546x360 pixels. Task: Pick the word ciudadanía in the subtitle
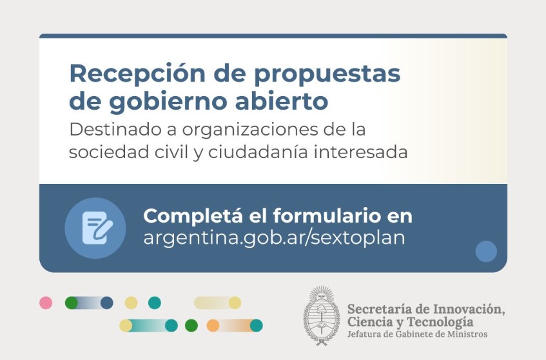pyautogui.click(x=258, y=152)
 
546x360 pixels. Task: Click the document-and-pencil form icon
pyautogui.click(x=97, y=228)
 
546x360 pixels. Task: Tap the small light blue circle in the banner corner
pyautogui.click(x=486, y=251)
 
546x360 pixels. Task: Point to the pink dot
pyautogui.click(x=46, y=303)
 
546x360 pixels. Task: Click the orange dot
pyautogui.click(x=213, y=326)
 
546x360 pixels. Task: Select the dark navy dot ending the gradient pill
pyautogui.click(x=107, y=303)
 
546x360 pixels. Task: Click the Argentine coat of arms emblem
pyautogui.click(x=321, y=315)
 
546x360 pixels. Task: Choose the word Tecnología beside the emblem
pyautogui.click(x=440, y=322)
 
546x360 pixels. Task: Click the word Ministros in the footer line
pyautogui.click(x=467, y=334)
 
